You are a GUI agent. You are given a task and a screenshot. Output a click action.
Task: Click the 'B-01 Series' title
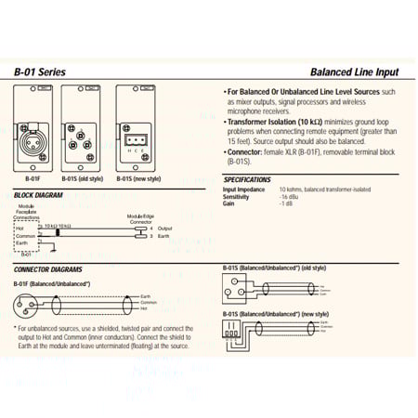point(39,71)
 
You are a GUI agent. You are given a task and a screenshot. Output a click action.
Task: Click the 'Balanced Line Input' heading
point(356,71)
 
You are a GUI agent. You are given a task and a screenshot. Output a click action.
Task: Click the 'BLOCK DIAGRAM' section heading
point(39,194)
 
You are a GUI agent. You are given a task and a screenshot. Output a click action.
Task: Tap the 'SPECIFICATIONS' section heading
point(248,178)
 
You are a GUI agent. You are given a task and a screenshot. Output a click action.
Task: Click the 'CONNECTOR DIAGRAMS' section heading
point(47,268)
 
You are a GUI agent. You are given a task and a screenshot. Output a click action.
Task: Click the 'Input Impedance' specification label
point(244,190)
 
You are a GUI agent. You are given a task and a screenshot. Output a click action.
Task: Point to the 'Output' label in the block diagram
point(165,229)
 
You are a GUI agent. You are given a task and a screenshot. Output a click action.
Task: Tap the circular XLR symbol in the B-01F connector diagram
point(25,305)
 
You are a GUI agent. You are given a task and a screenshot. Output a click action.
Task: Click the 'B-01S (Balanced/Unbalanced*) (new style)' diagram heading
point(276,314)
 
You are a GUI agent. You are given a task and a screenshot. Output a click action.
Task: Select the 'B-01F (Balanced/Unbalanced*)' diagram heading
point(49,281)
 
